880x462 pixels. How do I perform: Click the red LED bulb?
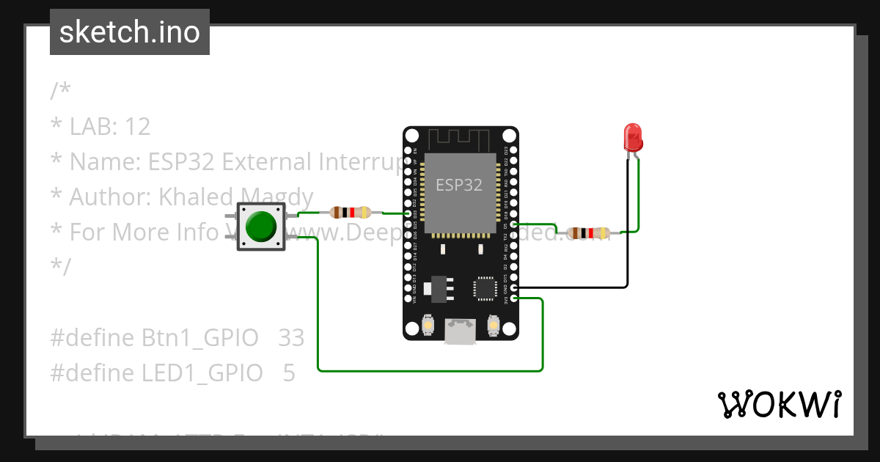[632, 136]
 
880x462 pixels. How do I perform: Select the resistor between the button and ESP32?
[351, 213]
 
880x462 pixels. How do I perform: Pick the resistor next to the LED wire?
[588, 233]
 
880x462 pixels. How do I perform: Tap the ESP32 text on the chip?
[460, 185]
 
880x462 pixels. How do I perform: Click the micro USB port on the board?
[460, 331]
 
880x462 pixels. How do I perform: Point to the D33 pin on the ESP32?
[408, 214]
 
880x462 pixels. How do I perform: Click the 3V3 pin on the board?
[513, 298]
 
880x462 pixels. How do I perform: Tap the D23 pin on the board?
[513, 150]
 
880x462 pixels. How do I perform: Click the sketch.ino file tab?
[130, 32]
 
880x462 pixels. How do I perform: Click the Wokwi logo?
[779, 404]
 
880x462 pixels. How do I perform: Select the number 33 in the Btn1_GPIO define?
[291, 338]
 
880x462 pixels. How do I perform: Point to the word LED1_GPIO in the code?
[202, 373]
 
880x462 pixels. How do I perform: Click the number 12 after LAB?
[138, 127]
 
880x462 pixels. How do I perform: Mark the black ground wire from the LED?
[627, 242]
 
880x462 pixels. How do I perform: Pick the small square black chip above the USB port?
[485, 287]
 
